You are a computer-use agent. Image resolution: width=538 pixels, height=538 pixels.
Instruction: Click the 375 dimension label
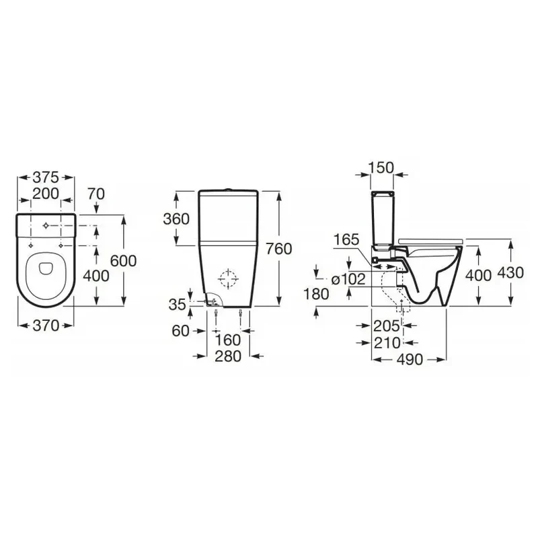click(x=46, y=178)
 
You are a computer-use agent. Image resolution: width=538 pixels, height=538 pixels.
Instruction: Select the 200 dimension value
click(x=46, y=194)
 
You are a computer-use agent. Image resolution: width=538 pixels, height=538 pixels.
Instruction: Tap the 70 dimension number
click(x=95, y=194)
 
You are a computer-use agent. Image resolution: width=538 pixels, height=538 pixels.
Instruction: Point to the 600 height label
click(x=123, y=261)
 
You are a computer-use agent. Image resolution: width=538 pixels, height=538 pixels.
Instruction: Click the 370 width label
click(x=46, y=325)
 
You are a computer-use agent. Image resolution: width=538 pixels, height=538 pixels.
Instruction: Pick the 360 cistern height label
click(x=176, y=219)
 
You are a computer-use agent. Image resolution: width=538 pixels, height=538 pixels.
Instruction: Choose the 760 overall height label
click(x=279, y=249)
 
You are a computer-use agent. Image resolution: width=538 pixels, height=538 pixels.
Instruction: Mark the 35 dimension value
click(x=178, y=305)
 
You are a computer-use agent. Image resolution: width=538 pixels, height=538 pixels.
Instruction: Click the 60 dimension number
click(x=180, y=331)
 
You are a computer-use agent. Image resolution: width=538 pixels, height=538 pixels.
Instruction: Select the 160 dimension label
click(x=228, y=340)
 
